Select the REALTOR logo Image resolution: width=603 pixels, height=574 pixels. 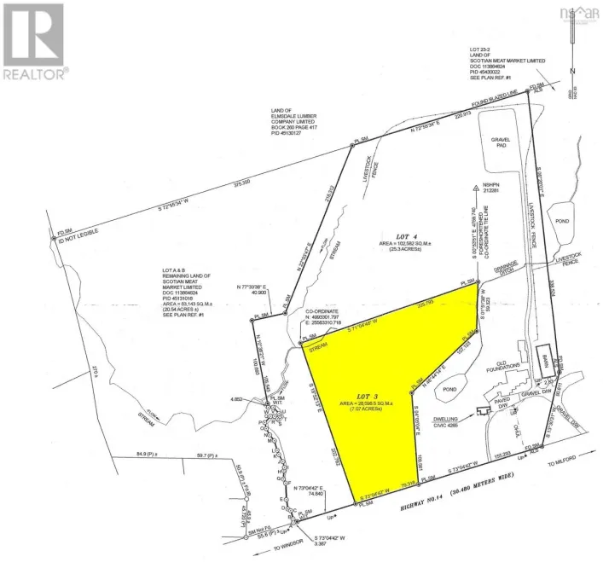[34, 43]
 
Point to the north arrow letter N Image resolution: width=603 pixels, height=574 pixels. [577, 72]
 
